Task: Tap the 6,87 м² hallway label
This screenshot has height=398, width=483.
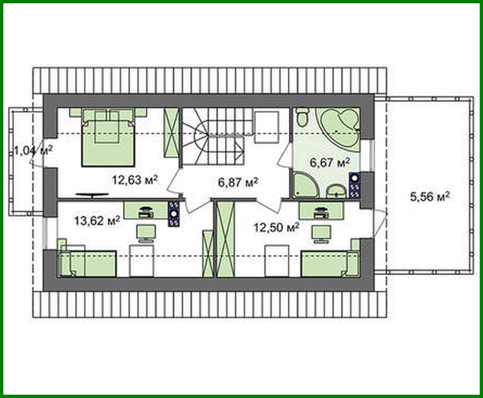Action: [x=238, y=182]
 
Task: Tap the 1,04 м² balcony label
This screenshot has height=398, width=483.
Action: [x=33, y=149]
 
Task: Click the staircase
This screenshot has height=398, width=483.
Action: [x=210, y=138]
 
